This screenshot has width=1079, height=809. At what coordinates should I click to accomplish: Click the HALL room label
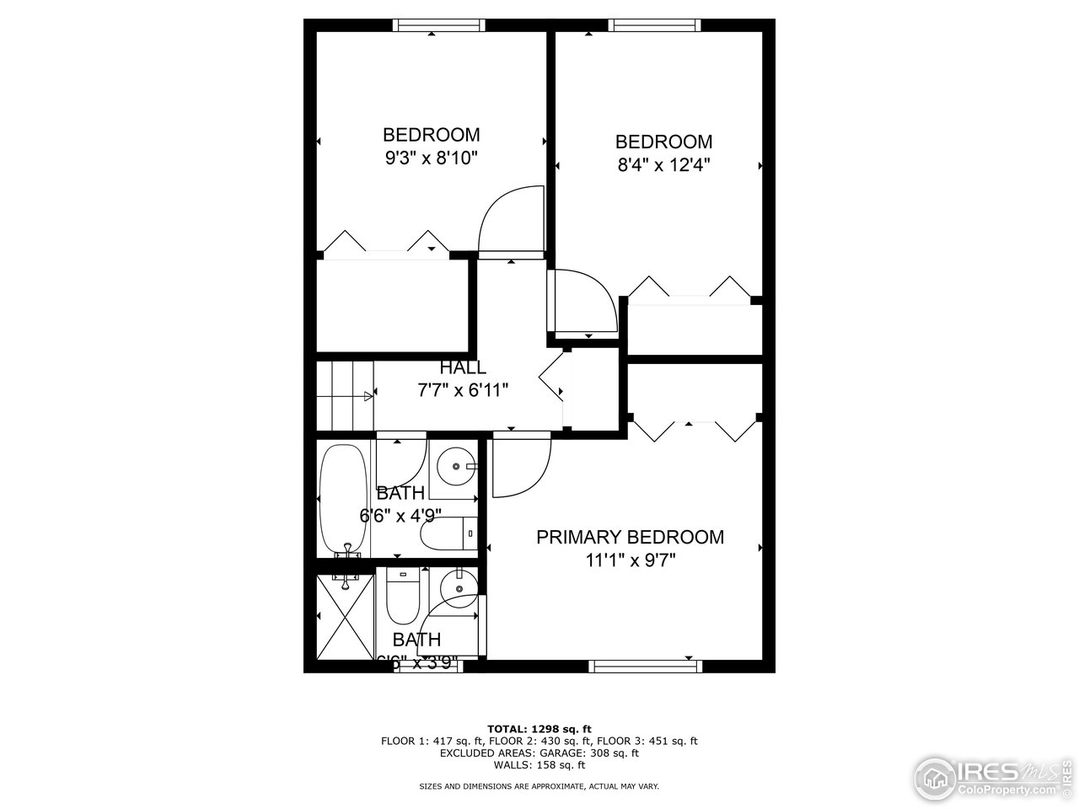tap(463, 368)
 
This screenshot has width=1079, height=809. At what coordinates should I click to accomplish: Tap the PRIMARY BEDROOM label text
tap(630, 537)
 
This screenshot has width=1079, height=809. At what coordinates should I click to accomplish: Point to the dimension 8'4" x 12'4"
tap(663, 164)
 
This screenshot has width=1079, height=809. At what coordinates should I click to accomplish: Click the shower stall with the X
tap(343, 619)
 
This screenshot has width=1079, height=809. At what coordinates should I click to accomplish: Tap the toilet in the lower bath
tap(401, 600)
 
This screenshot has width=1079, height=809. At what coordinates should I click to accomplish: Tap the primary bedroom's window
tap(646, 666)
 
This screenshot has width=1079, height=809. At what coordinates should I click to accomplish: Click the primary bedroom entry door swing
tap(520, 465)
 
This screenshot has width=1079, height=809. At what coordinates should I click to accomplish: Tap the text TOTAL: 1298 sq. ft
tap(539, 728)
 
